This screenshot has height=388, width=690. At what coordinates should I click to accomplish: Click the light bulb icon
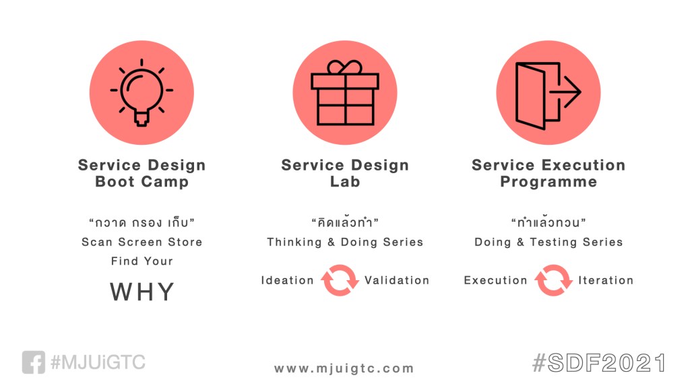142,92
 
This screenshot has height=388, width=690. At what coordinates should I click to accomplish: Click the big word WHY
142,292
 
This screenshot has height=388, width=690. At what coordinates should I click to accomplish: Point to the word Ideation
287,280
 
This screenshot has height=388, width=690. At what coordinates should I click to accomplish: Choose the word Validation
397,280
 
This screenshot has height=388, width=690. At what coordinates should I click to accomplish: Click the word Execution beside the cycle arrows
495,280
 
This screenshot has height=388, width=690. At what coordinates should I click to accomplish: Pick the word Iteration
606,280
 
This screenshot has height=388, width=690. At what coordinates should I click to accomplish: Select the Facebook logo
34,362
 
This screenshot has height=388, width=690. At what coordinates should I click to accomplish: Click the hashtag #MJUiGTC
98,362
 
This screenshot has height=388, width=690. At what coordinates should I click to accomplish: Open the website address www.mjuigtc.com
344,368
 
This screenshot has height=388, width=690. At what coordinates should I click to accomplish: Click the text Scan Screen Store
142,242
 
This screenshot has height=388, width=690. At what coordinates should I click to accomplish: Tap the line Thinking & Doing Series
345,242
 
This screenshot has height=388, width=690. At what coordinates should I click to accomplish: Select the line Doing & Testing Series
548,242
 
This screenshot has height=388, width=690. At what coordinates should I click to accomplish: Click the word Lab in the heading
345,181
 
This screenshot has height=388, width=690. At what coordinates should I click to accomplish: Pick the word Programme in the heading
548,182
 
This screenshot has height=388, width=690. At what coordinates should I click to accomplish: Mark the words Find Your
142,261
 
